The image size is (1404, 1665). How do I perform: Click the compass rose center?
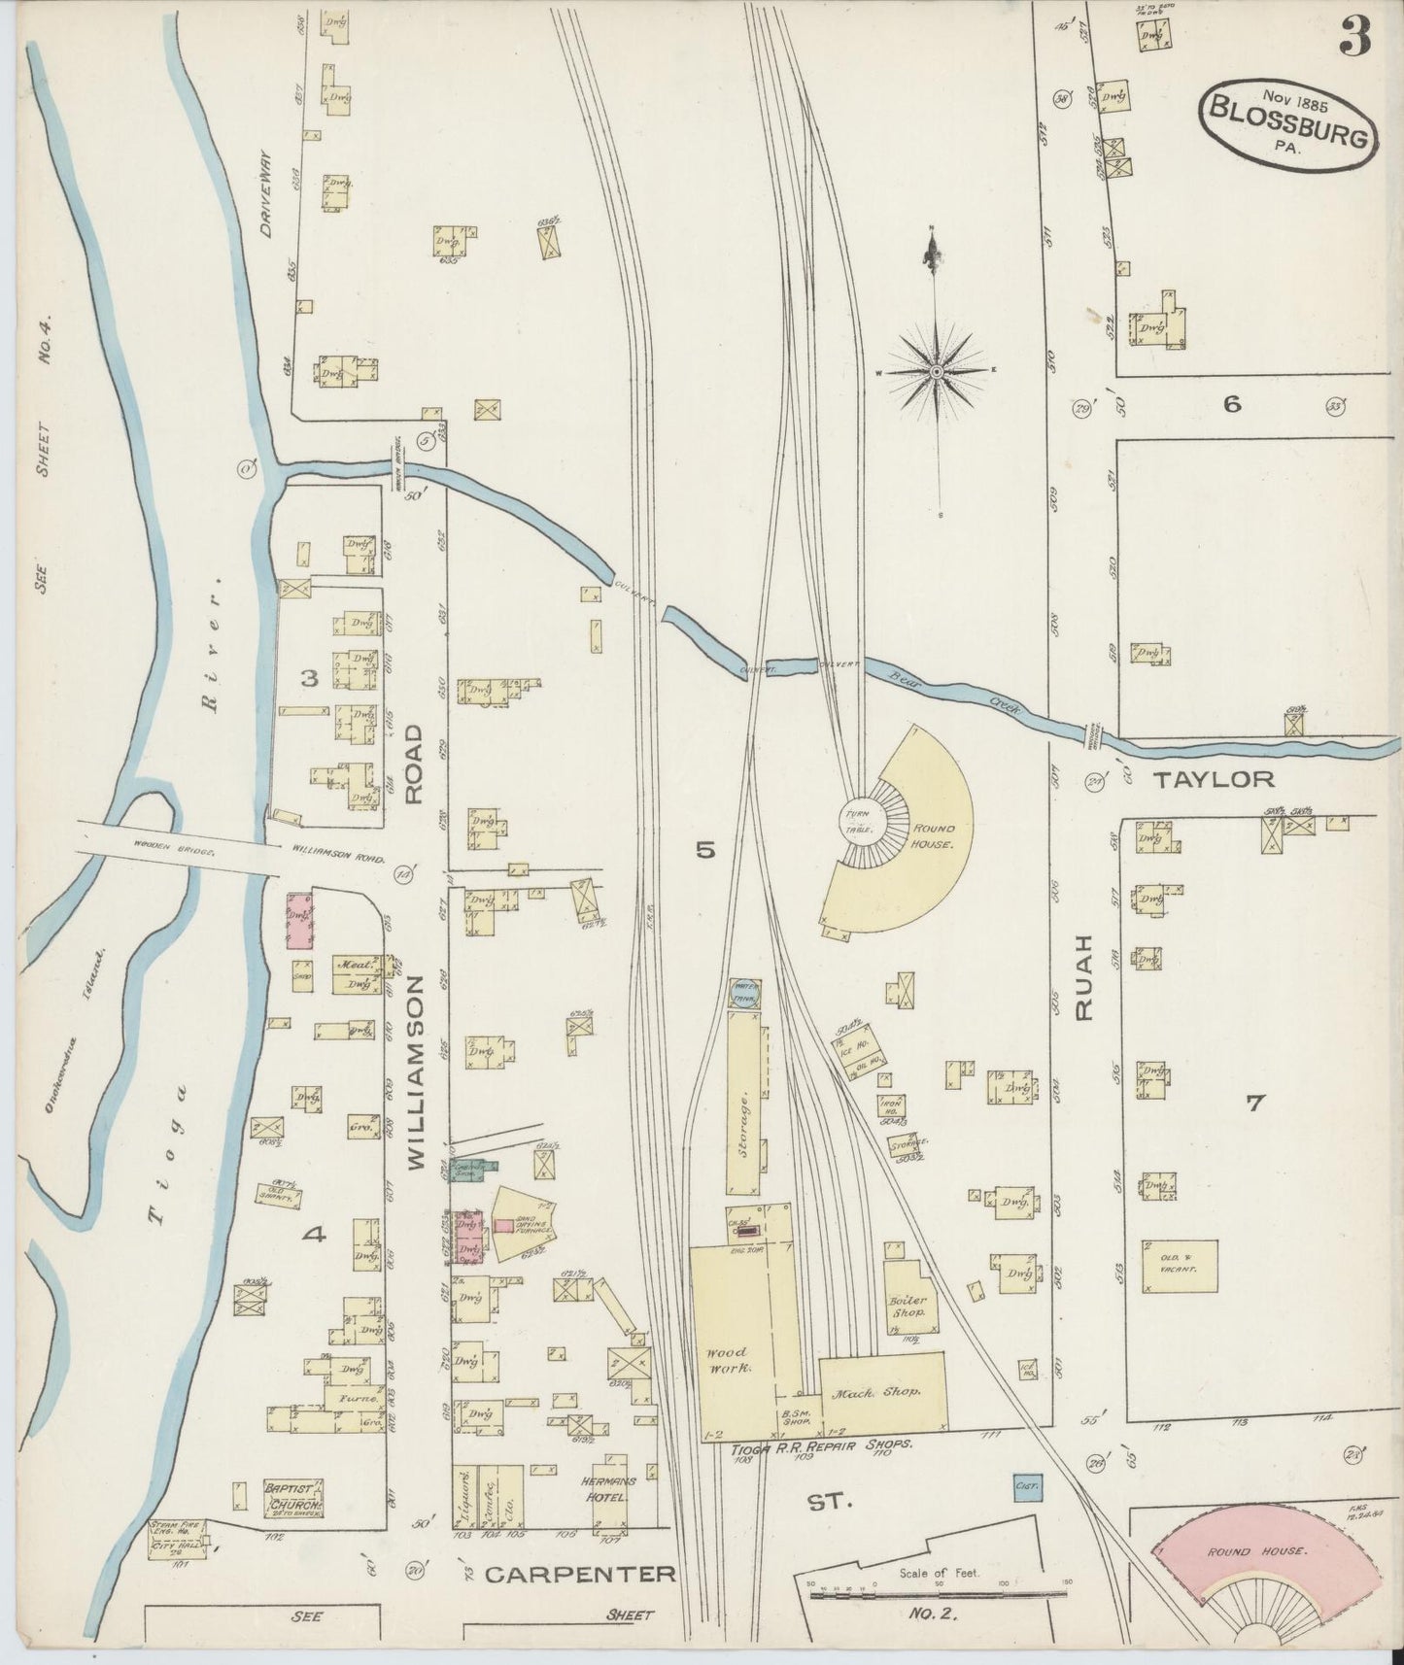936,372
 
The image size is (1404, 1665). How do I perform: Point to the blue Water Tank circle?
745,994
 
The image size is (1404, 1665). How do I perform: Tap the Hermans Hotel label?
610,1488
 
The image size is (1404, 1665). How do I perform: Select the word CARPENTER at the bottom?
580,1574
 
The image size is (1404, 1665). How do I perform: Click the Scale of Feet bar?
938,1593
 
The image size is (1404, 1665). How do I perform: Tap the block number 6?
1232,404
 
